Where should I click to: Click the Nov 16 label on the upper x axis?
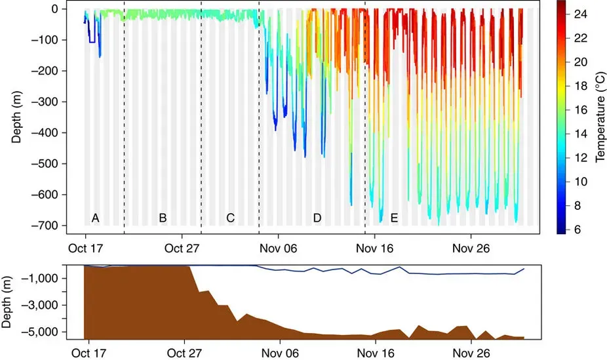pos(374,248)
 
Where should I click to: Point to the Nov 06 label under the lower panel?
pos(279,351)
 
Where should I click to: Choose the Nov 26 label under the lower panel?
pos(472,351)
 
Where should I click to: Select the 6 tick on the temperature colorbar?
pos(579,230)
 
